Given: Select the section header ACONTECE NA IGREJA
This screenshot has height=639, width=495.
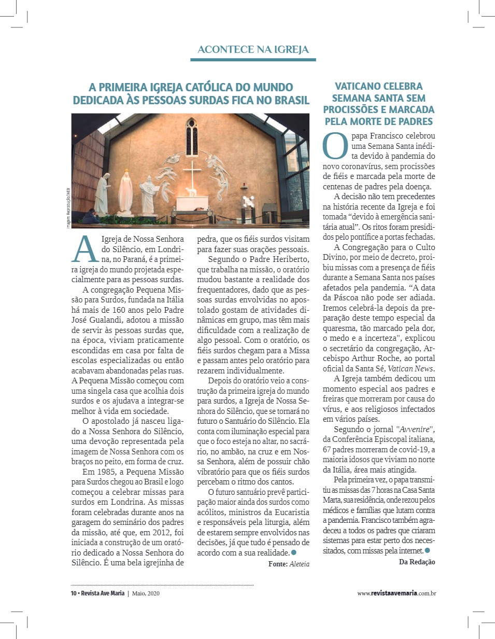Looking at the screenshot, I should click(253, 50).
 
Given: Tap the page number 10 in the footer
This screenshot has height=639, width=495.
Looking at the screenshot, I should click(74, 593).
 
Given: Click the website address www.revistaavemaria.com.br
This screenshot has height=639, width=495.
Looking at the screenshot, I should click(396, 593).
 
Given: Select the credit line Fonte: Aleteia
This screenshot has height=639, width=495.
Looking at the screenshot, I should click(289, 563).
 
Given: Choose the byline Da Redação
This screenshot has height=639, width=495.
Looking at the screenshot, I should click(417, 562).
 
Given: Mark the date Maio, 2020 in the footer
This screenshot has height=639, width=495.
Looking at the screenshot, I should click(146, 593).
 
